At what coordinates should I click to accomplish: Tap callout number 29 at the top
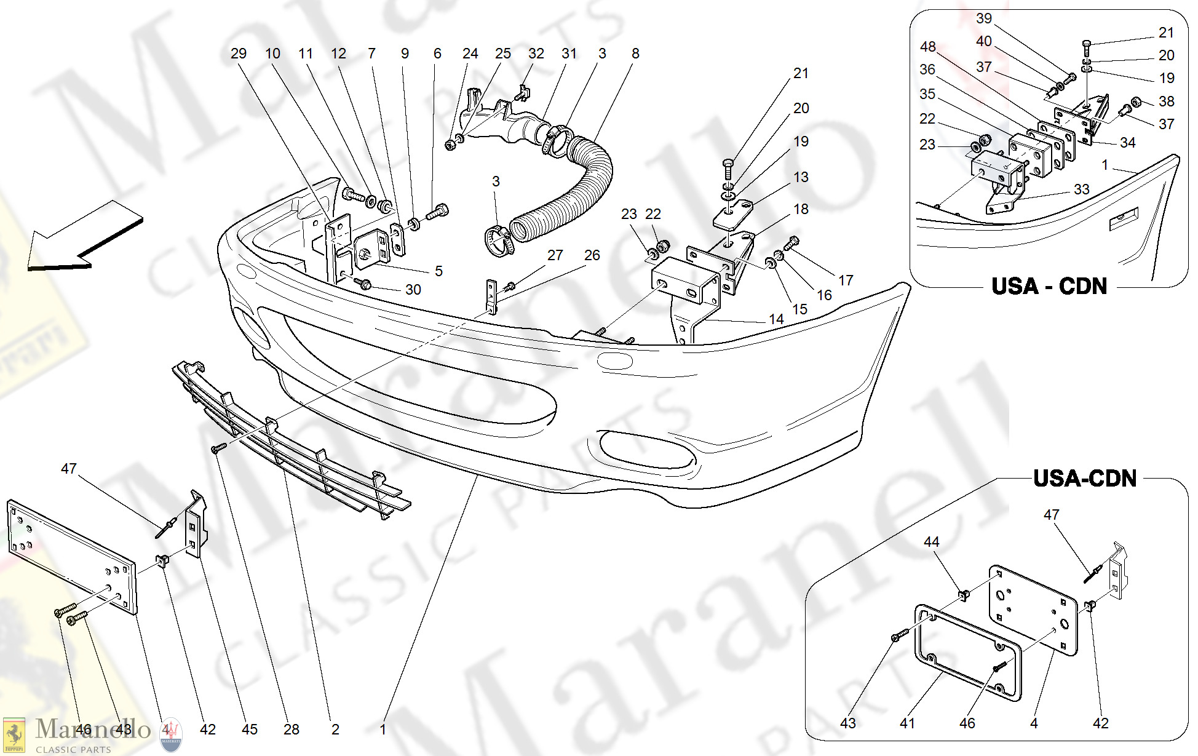(x=239, y=54)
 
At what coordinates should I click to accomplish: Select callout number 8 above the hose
(x=635, y=54)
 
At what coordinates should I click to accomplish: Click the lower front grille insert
(x=289, y=440)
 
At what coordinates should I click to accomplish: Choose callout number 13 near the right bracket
(x=801, y=177)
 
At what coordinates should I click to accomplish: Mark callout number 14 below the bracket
(x=776, y=319)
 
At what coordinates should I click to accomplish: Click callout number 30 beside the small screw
(x=413, y=290)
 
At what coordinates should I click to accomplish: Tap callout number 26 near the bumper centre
(x=592, y=255)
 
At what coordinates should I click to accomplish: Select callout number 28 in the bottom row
(x=291, y=730)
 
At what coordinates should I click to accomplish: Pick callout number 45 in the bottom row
(x=249, y=730)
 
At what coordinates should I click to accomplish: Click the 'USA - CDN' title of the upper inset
(x=1049, y=287)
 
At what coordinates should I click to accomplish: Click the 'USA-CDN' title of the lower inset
(x=1084, y=479)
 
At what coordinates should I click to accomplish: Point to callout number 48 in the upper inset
(x=927, y=47)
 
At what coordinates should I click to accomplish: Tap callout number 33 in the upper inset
(x=1081, y=189)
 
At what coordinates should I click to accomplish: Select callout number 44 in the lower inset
(x=931, y=542)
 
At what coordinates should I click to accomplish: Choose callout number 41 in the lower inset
(x=907, y=723)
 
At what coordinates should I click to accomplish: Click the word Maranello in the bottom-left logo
(x=92, y=730)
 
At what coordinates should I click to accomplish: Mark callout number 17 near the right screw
(x=846, y=281)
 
